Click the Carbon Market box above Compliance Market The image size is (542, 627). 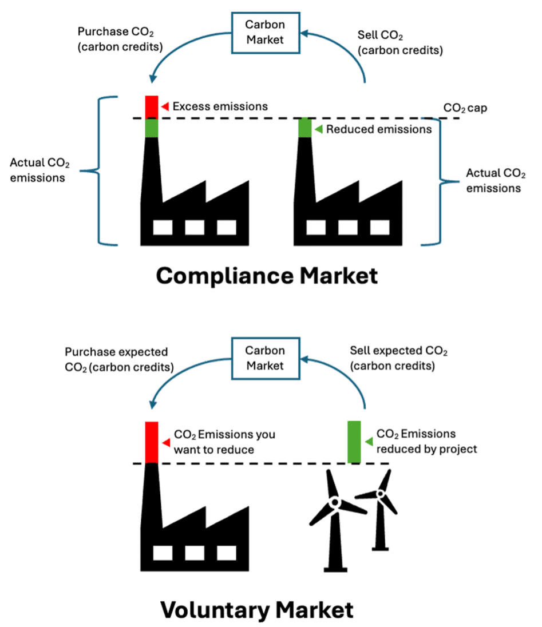pyautogui.click(x=264, y=32)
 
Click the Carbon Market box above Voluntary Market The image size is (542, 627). pyautogui.click(x=264, y=358)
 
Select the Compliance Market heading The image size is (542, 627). pyautogui.click(x=267, y=276)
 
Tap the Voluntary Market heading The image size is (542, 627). pyautogui.click(x=256, y=609)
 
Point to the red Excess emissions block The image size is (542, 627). pyautogui.click(x=151, y=106)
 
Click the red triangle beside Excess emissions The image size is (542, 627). pyautogui.click(x=165, y=106)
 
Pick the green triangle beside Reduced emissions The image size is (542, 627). pyautogui.click(x=319, y=129)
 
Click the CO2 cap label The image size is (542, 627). pyautogui.click(x=465, y=108)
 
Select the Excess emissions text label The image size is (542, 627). pyautogui.click(x=220, y=106)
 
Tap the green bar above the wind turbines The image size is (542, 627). pyautogui.click(x=354, y=442)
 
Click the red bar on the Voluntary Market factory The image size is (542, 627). pyautogui.click(x=151, y=442)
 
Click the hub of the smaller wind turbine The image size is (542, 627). pyautogui.click(x=379, y=493)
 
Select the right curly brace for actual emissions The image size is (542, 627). pyautogui.click(x=438, y=182)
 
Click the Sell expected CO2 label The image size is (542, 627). pyautogui.click(x=398, y=358)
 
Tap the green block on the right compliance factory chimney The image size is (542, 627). pyautogui.click(x=304, y=128)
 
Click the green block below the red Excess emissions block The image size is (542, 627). pyautogui.click(x=151, y=128)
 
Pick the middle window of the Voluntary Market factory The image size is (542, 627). pyautogui.click(x=195, y=552)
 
